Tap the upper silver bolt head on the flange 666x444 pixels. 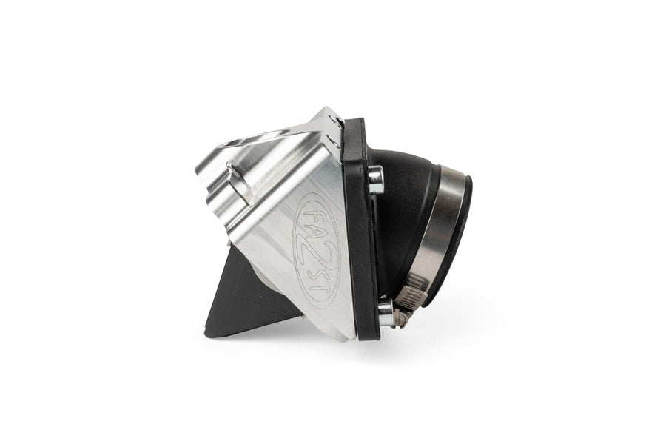375,179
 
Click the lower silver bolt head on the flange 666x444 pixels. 386,312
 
